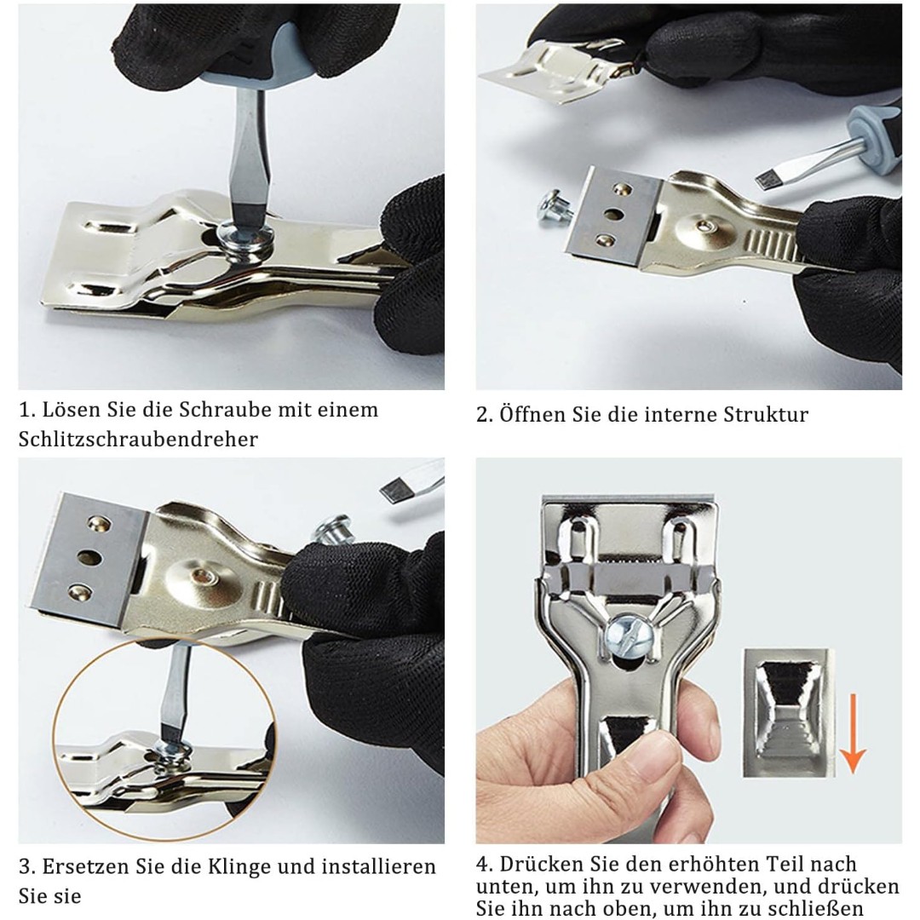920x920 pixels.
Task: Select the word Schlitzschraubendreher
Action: click(138, 440)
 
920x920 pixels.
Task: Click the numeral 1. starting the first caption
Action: click(27, 410)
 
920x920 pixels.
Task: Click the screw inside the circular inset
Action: click(174, 752)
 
